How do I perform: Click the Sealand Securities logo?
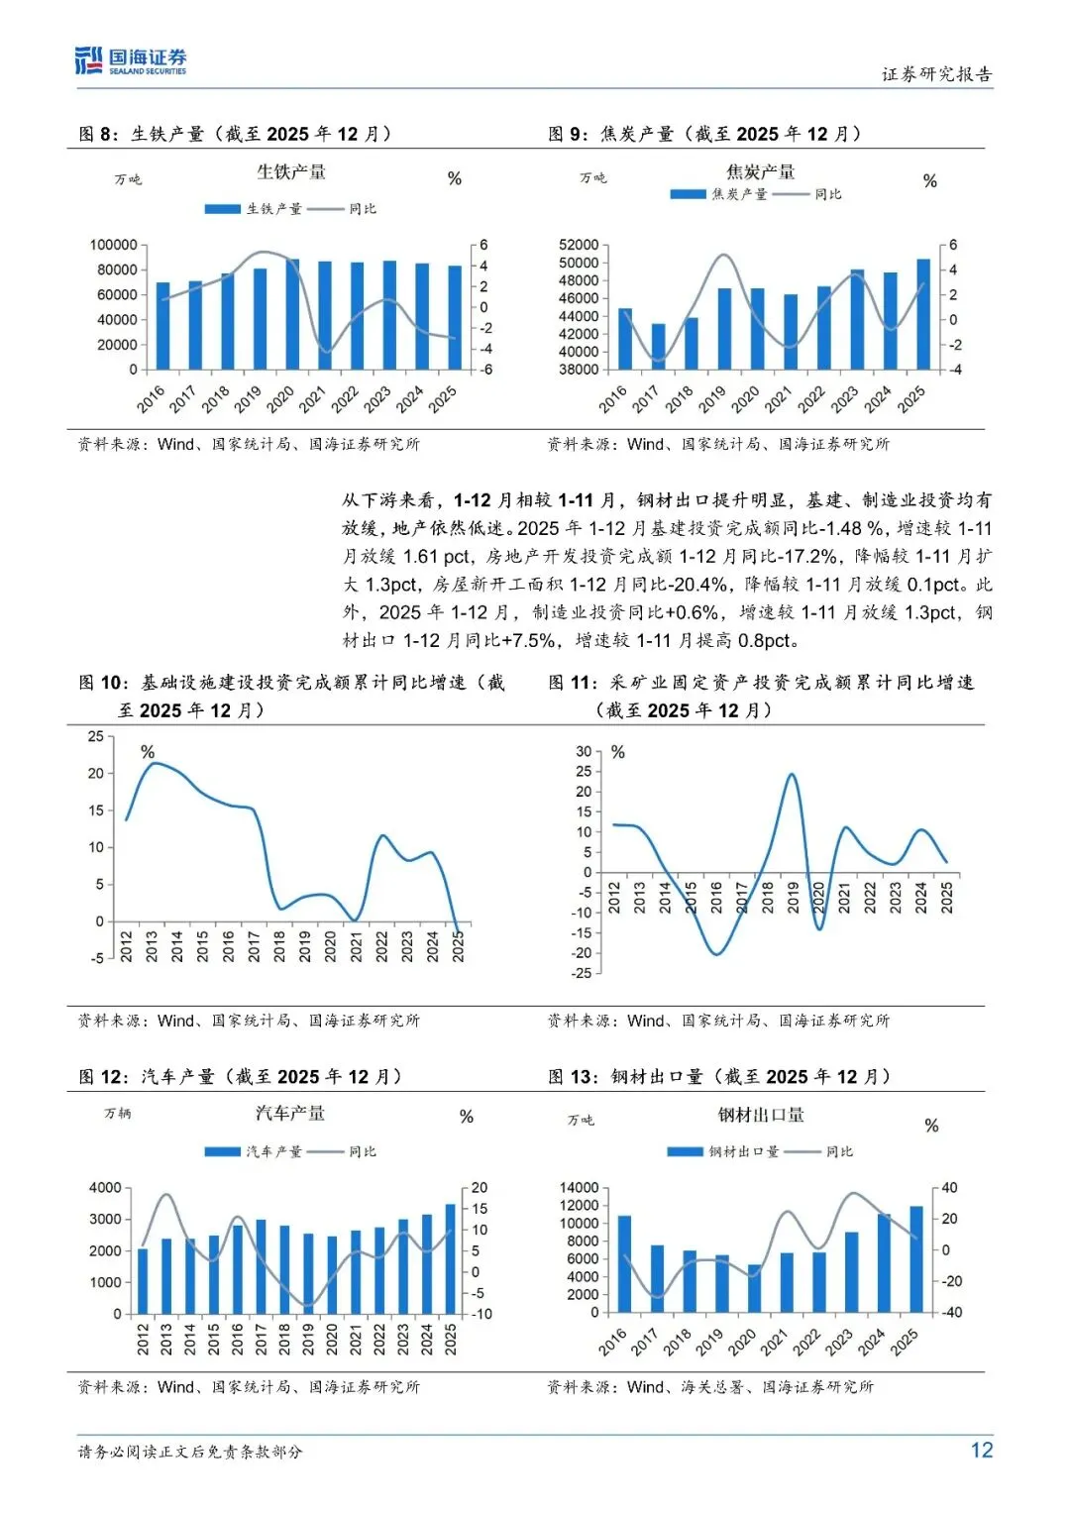point(131,61)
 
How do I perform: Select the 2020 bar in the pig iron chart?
point(292,314)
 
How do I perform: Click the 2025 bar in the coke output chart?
point(923,314)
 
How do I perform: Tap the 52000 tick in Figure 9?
point(579,245)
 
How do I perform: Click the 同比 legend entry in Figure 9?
point(828,194)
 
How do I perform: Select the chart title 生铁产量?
point(291,172)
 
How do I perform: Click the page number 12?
point(981,1451)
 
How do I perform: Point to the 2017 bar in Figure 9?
point(658,346)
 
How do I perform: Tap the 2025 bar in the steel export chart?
point(916,1258)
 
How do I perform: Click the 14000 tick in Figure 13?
point(579,1188)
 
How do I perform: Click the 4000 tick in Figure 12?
point(105,1188)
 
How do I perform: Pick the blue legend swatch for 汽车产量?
point(222,1151)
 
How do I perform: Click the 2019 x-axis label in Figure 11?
point(793,898)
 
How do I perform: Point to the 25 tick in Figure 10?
point(95,736)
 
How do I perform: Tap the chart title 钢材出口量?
point(761,1115)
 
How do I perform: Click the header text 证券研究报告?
point(936,74)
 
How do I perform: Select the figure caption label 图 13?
point(572,1077)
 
